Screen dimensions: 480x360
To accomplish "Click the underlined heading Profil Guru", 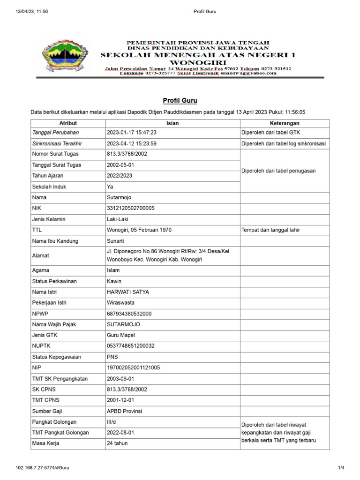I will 180,100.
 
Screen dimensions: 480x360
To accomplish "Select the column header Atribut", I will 68,123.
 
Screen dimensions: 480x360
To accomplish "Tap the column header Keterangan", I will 285,123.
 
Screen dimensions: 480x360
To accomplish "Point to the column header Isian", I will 172,123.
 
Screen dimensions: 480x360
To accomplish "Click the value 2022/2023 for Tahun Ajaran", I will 120,176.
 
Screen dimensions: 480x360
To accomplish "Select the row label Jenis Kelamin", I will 49,219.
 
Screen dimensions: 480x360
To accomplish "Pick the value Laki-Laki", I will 118,219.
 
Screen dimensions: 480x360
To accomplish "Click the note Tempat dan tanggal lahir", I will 270,230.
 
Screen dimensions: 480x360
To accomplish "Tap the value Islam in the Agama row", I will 113,270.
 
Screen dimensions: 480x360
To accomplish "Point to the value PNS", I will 112,357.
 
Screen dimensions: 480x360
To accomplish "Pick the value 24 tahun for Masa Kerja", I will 117,443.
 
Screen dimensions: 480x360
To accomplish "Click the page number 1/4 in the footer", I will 341,468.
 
